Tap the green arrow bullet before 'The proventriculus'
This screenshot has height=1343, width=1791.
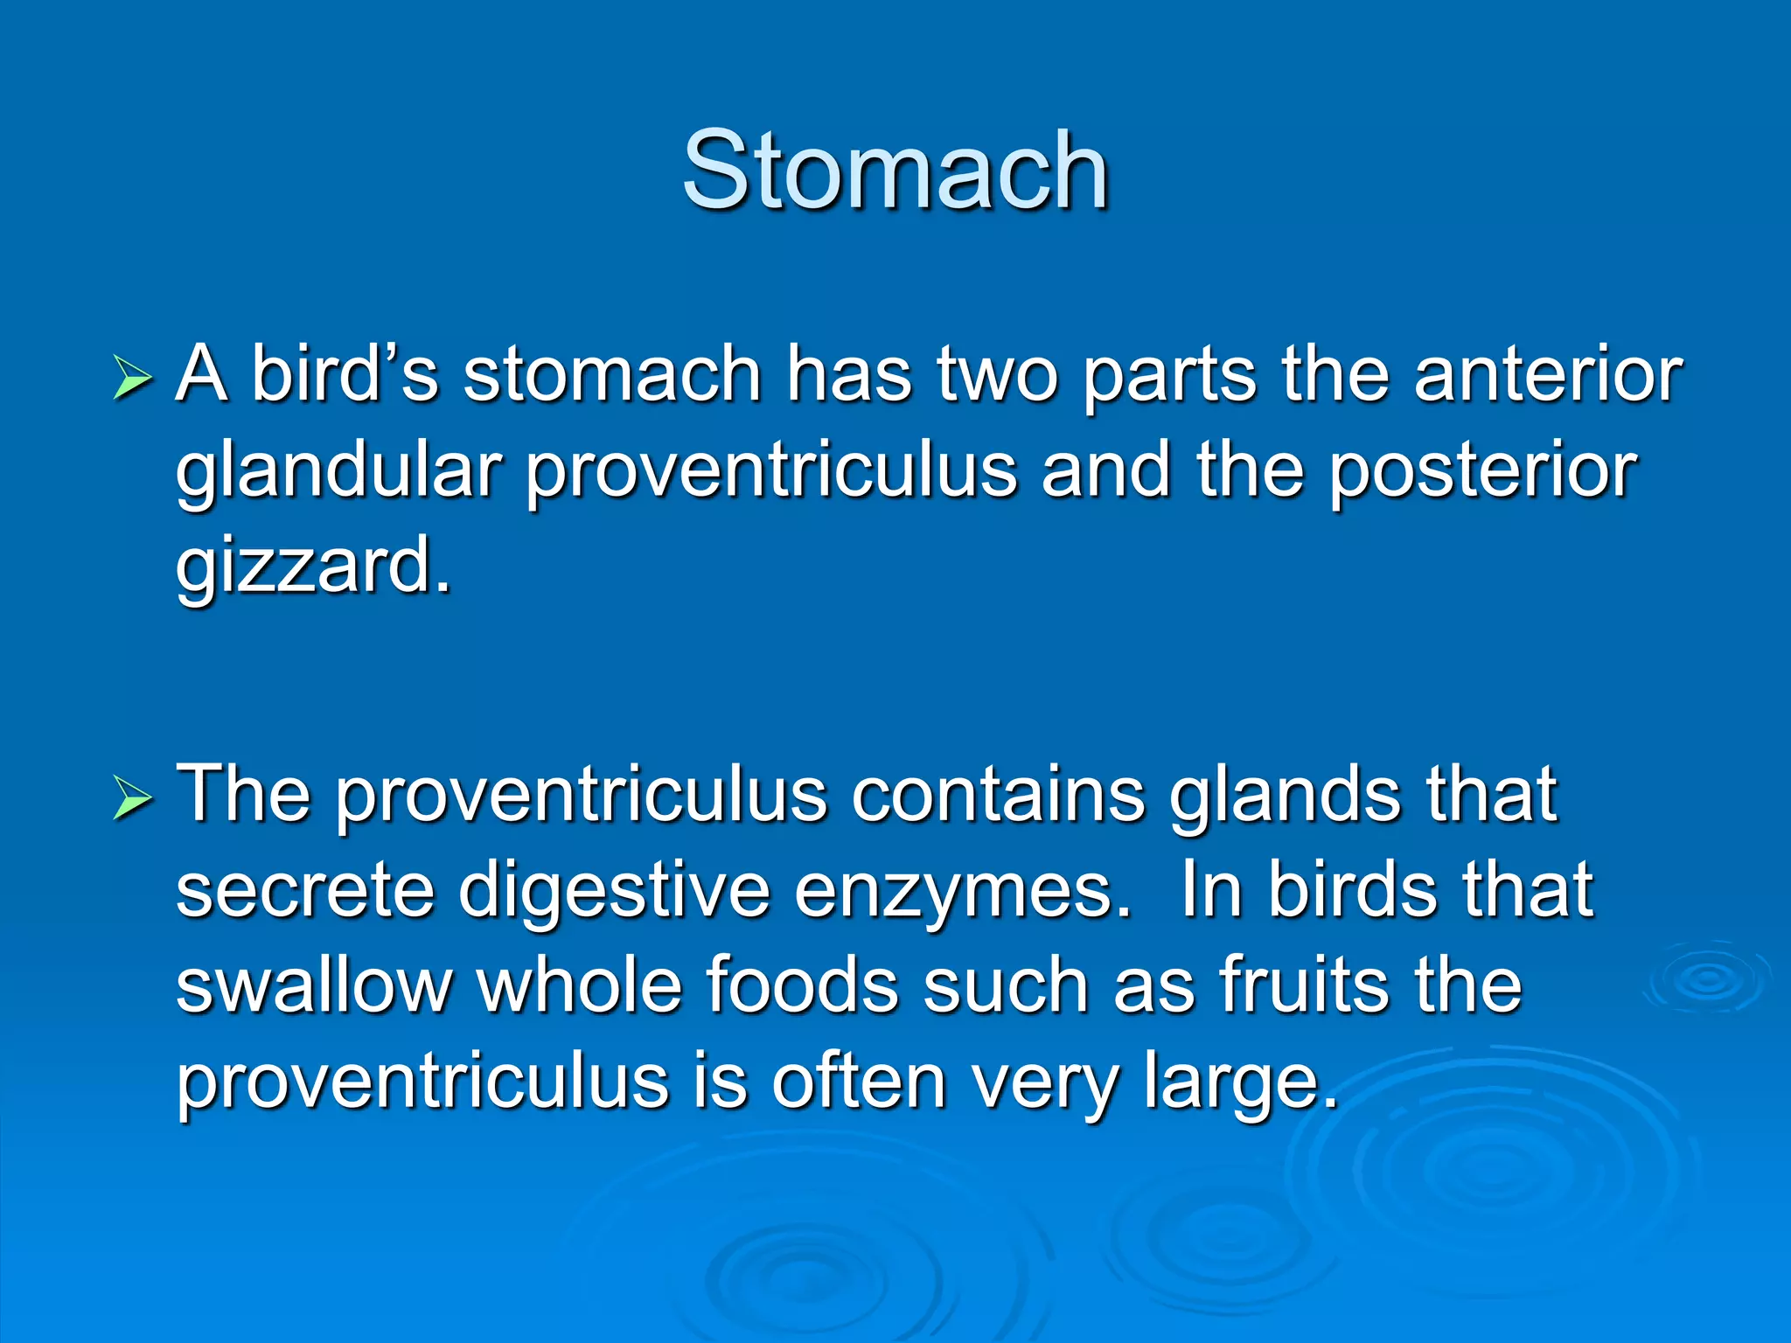coord(133,798)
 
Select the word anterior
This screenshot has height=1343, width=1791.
coord(1547,374)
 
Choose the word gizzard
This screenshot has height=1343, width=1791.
coord(312,566)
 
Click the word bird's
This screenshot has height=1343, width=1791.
coord(345,374)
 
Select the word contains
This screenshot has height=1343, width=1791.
coord(997,795)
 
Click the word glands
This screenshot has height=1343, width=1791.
coord(1285,797)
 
